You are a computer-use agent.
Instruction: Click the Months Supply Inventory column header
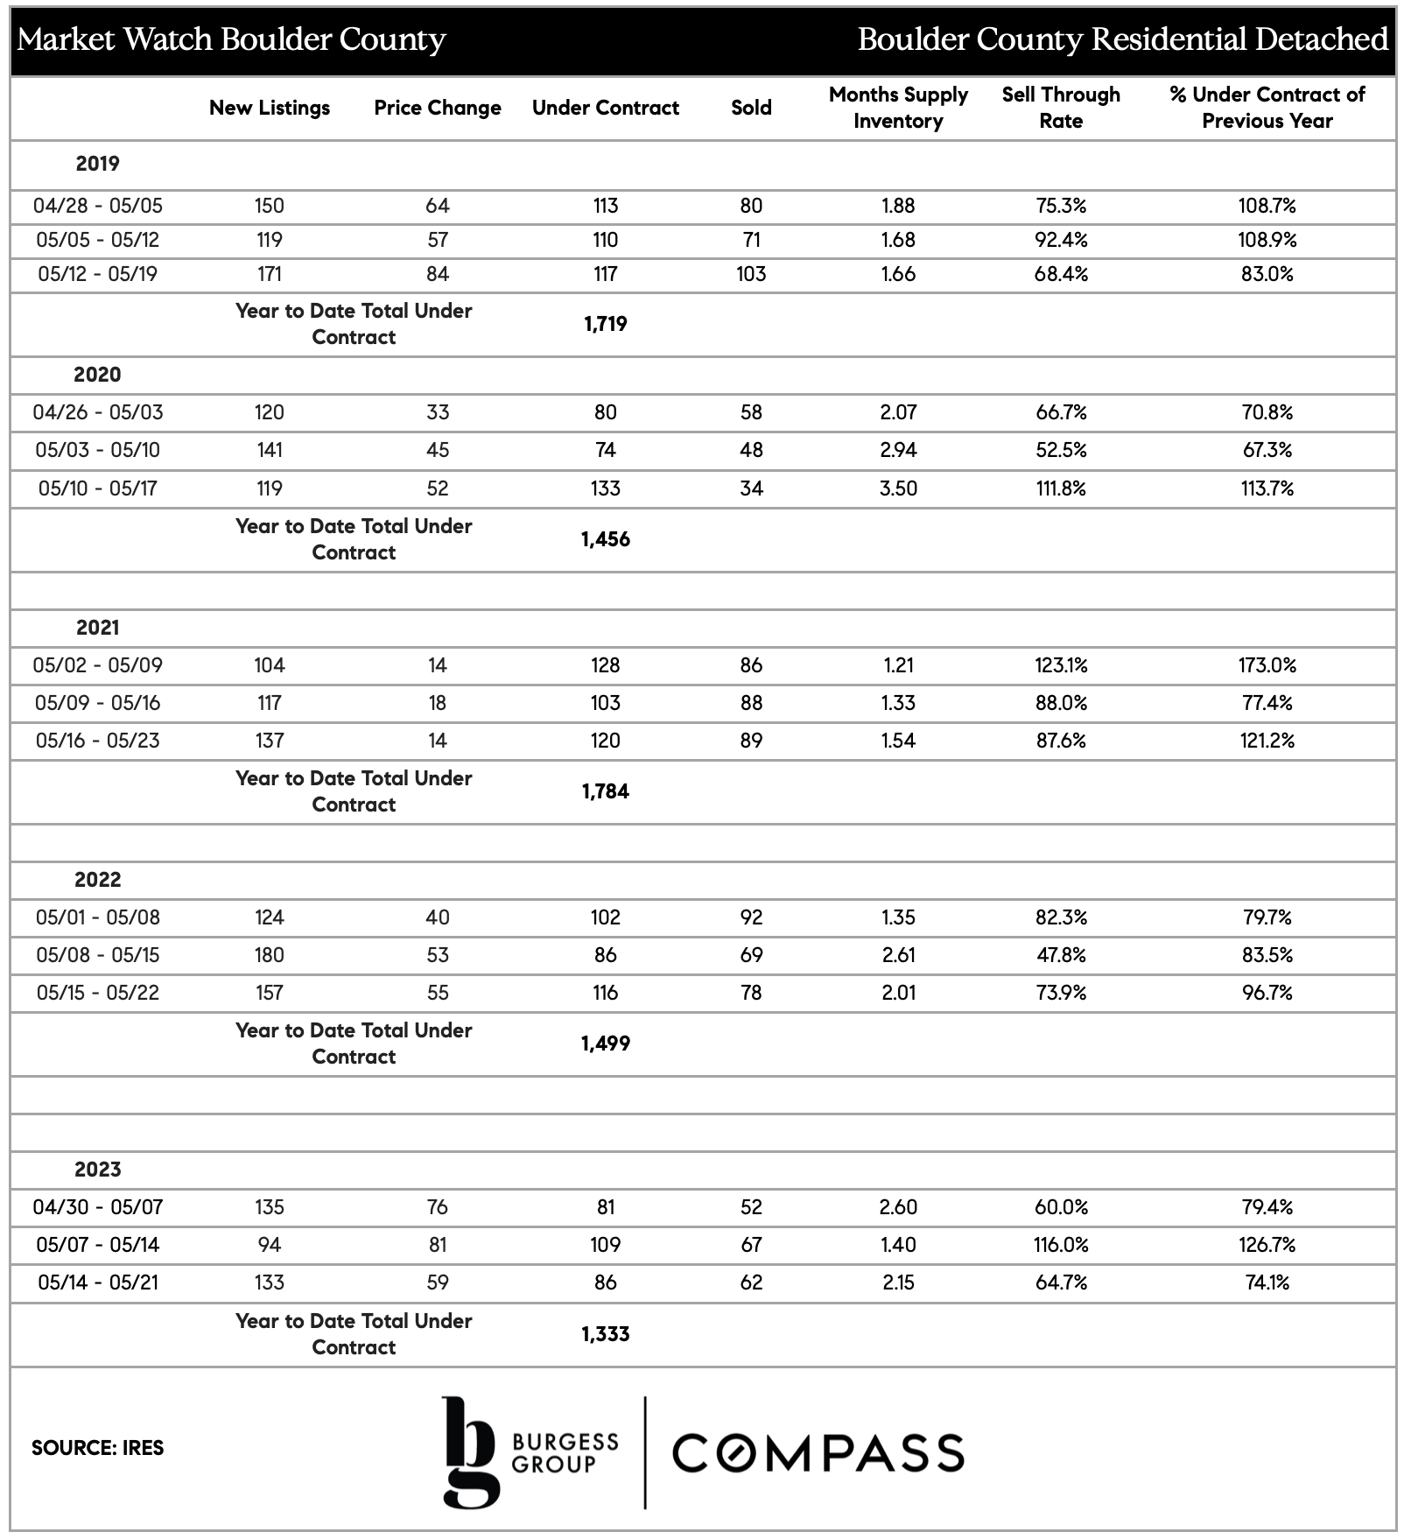coord(898,108)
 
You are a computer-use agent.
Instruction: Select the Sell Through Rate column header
coord(1061,108)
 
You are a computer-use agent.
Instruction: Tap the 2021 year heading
coord(97,628)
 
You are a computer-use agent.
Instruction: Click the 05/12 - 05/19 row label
coord(97,274)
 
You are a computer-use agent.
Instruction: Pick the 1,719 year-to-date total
coord(605,324)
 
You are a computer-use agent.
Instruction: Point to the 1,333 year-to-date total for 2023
coord(605,1334)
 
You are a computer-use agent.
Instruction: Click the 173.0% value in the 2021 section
coord(1267,665)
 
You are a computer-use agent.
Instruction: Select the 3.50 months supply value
coord(898,488)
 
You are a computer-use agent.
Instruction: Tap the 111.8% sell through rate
coord(1061,488)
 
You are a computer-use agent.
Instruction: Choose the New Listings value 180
coord(270,955)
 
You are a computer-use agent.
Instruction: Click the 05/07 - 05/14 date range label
coord(97,1245)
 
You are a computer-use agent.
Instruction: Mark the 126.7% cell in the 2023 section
coord(1267,1245)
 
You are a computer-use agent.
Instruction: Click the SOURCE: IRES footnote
coord(97,1448)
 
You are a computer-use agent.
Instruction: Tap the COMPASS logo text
coord(818,1452)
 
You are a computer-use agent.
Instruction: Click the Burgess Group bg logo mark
coord(471,1452)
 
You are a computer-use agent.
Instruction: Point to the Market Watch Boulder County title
coord(231,39)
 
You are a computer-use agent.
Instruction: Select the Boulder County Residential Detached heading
coord(1122,39)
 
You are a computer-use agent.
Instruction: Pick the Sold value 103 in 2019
coord(751,274)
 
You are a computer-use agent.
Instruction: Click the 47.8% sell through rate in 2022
coord(1061,955)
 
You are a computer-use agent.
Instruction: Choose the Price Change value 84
coord(437,274)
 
